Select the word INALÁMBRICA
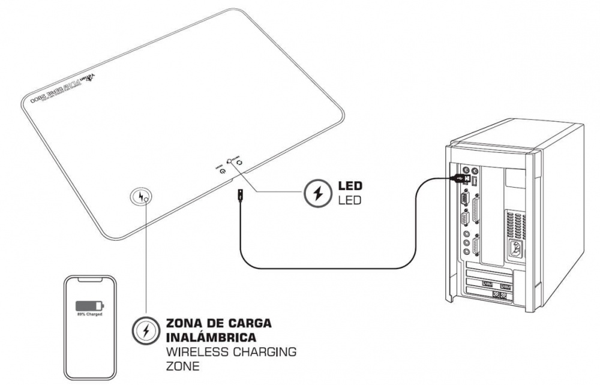199,337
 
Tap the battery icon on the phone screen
89,305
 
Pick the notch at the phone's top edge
90,279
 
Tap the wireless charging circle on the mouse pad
142,196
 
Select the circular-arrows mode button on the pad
238,162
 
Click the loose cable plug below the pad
239,195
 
